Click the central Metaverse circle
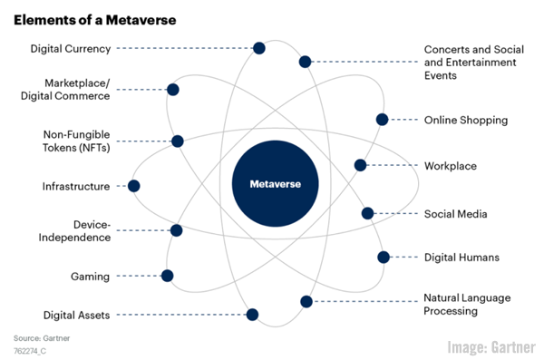click(275, 184)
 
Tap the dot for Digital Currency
click(259, 48)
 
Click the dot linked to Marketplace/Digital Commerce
click(172, 90)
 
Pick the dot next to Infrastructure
click(134, 186)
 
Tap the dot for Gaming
click(167, 276)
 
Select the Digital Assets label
click(76, 315)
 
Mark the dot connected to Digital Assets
click(252, 315)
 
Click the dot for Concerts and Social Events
click(305, 62)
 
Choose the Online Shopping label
click(466, 120)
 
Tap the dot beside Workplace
click(360, 165)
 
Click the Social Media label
click(456, 214)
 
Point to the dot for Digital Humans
click(383, 258)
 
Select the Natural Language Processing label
click(468, 305)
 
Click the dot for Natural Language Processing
click(306, 301)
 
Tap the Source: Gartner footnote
click(41, 338)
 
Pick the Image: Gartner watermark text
click(491, 345)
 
